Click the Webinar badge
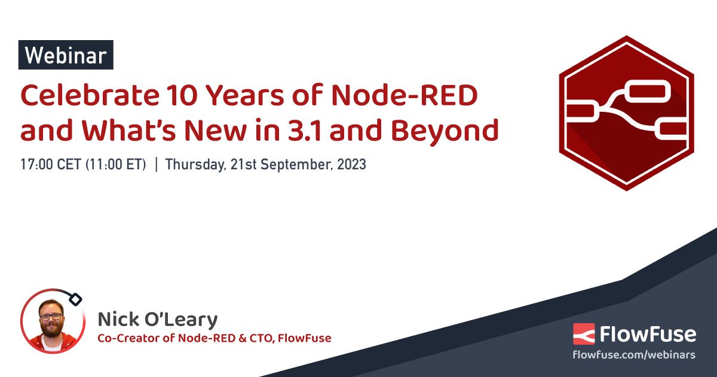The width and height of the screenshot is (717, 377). (x=66, y=56)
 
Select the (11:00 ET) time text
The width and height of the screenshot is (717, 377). (x=117, y=165)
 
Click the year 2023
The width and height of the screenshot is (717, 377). (x=351, y=165)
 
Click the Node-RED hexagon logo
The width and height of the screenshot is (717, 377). (x=626, y=113)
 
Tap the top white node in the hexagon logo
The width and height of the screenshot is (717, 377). (x=647, y=93)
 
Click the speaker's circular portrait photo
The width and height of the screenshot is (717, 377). (x=51, y=321)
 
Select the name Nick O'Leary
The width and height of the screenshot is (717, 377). (x=158, y=318)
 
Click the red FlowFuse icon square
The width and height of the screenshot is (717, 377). (x=584, y=334)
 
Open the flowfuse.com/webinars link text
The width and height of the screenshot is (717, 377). (x=634, y=355)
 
